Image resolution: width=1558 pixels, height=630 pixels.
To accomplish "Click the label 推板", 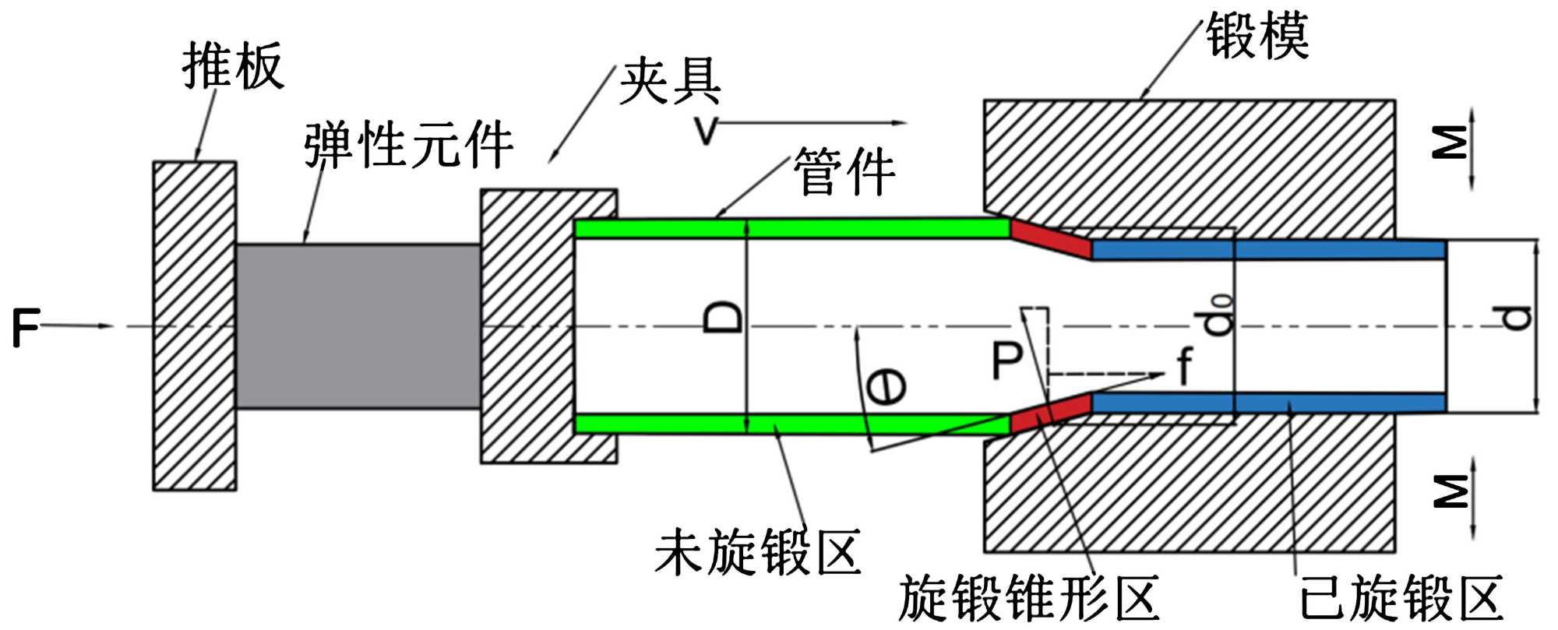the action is coord(232,66).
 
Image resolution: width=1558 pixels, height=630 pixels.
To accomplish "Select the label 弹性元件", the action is coord(408,145).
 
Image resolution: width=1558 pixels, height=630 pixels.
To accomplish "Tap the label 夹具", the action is coord(670,82).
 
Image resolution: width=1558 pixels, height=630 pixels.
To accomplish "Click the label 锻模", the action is coord(1257,36).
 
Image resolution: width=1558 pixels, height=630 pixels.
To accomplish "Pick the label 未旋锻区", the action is coord(757,552).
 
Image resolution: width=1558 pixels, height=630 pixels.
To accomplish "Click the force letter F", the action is coord(25,327).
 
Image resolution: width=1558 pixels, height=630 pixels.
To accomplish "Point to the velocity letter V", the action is coord(706,131).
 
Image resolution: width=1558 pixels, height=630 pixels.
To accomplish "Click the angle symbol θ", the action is coord(887,387).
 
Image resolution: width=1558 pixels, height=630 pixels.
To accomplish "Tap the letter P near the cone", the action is coord(1006,361).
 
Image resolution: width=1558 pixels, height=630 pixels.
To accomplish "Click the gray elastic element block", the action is coord(358,326).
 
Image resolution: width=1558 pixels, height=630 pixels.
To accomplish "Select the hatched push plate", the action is coord(194,326).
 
